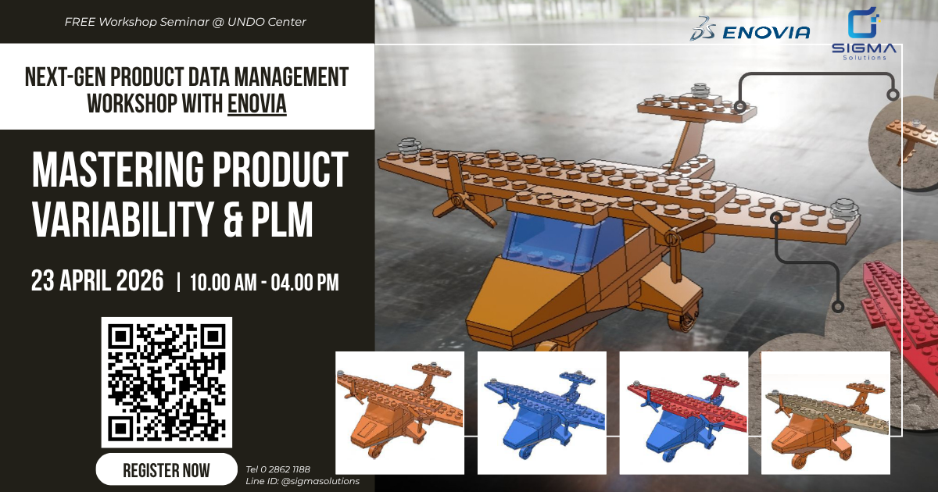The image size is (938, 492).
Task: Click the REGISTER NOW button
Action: [166, 469]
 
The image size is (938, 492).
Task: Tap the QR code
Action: [166, 382]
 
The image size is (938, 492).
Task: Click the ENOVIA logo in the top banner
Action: [750, 31]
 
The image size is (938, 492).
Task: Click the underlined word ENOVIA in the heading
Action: [257, 103]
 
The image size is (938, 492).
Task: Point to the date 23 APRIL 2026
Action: [98, 281]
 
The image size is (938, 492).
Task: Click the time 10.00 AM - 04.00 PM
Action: [265, 283]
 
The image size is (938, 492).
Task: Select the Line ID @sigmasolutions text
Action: [303, 481]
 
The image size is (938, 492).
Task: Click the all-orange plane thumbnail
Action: [399, 412]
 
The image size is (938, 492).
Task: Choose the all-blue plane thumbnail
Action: [542, 412]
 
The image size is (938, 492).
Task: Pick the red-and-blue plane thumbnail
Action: [684, 412]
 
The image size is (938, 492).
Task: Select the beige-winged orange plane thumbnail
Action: [825, 412]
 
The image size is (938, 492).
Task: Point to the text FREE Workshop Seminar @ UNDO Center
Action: [185, 22]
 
